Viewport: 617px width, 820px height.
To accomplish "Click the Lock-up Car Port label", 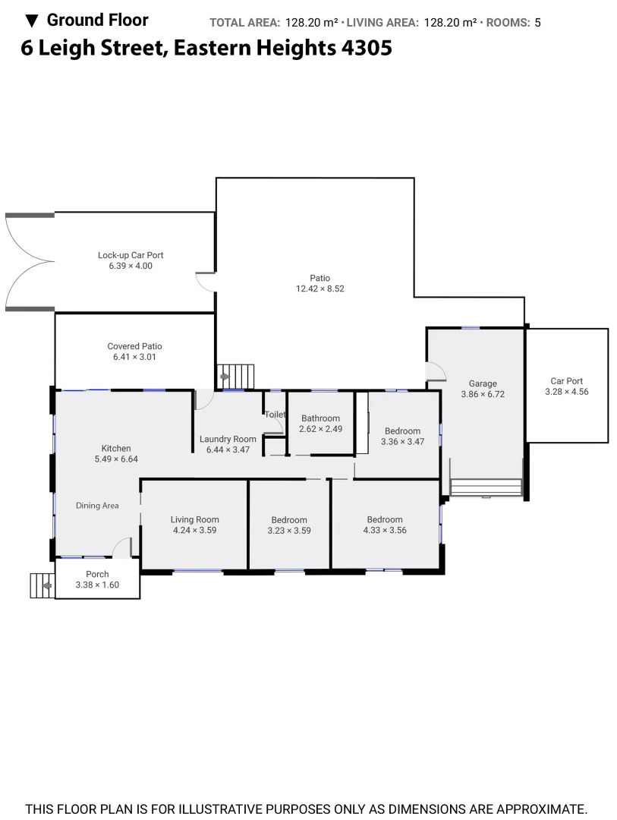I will pyautogui.click(x=131, y=256).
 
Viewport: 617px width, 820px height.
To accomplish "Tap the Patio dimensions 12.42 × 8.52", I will pyautogui.click(x=320, y=289).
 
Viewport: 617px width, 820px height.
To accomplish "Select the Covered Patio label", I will pyautogui.click(x=134, y=346).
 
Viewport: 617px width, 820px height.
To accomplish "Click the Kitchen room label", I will pyautogui.click(x=116, y=449).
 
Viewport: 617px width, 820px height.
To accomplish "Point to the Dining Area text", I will pyautogui.click(x=97, y=506).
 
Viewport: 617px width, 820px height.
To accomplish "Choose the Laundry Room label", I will pyautogui.click(x=228, y=439).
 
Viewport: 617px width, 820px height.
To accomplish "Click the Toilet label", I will pyautogui.click(x=275, y=415).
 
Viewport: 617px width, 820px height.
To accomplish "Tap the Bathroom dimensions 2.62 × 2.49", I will pyautogui.click(x=320, y=429).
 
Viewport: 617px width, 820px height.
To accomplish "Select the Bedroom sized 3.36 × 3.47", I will pyautogui.click(x=402, y=436).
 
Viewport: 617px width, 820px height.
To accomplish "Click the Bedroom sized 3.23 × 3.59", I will pyautogui.click(x=289, y=525).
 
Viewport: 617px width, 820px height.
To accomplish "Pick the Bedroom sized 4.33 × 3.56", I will pyautogui.click(x=385, y=525).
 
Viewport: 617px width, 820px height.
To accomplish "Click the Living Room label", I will pyautogui.click(x=194, y=525).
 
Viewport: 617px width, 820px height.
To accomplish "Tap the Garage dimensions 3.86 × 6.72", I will pyautogui.click(x=482, y=394).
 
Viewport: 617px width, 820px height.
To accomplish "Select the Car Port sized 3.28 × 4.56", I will pyautogui.click(x=566, y=386).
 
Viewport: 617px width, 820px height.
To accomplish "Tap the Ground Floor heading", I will pyautogui.click(x=97, y=20).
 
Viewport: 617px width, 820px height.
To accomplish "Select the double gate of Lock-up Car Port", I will pyautogui.click(x=29, y=262).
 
